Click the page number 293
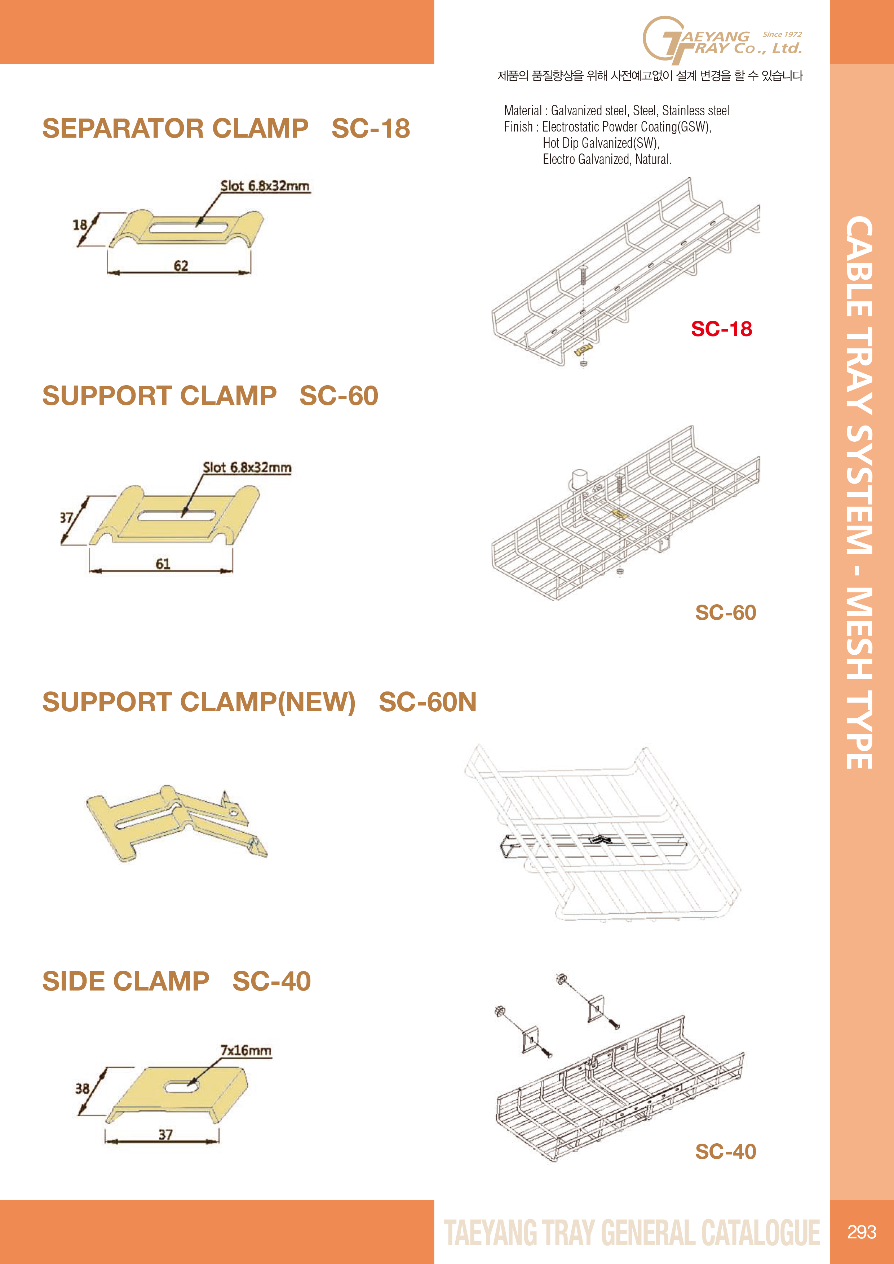click(x=862, y=1232)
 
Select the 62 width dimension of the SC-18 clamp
click(x=181, y=266)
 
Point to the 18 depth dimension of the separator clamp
click(x=80, y=224)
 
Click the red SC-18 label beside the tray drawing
click(x=722, y=329)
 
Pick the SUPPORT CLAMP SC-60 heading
click(x=211, y=396)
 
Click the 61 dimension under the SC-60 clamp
click(x=163, y=564)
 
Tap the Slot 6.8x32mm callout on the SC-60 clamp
click(x=247, y=467)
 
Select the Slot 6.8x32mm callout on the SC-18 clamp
click(x=265, y=186)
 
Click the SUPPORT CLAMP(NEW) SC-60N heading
click(x=260, y=702)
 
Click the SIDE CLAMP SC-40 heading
click(x=177, y=982)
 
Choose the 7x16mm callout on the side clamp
click(x=246, y=1050)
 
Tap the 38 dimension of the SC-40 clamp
click(x=83, y=1089)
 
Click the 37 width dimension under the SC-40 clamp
click(x=166, y=1135)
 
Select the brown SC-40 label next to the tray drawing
click(x=725, y=1151)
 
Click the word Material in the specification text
click(x=523, y=111)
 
